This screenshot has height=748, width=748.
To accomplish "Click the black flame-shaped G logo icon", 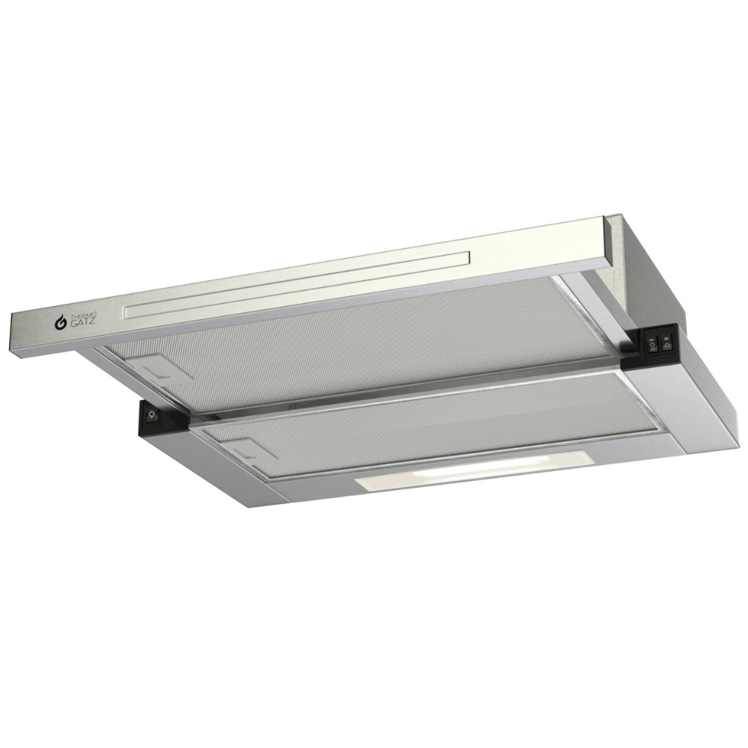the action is click(x=61, y=323).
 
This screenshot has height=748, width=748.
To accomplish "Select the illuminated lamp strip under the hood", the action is click(x=473, y=470).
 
